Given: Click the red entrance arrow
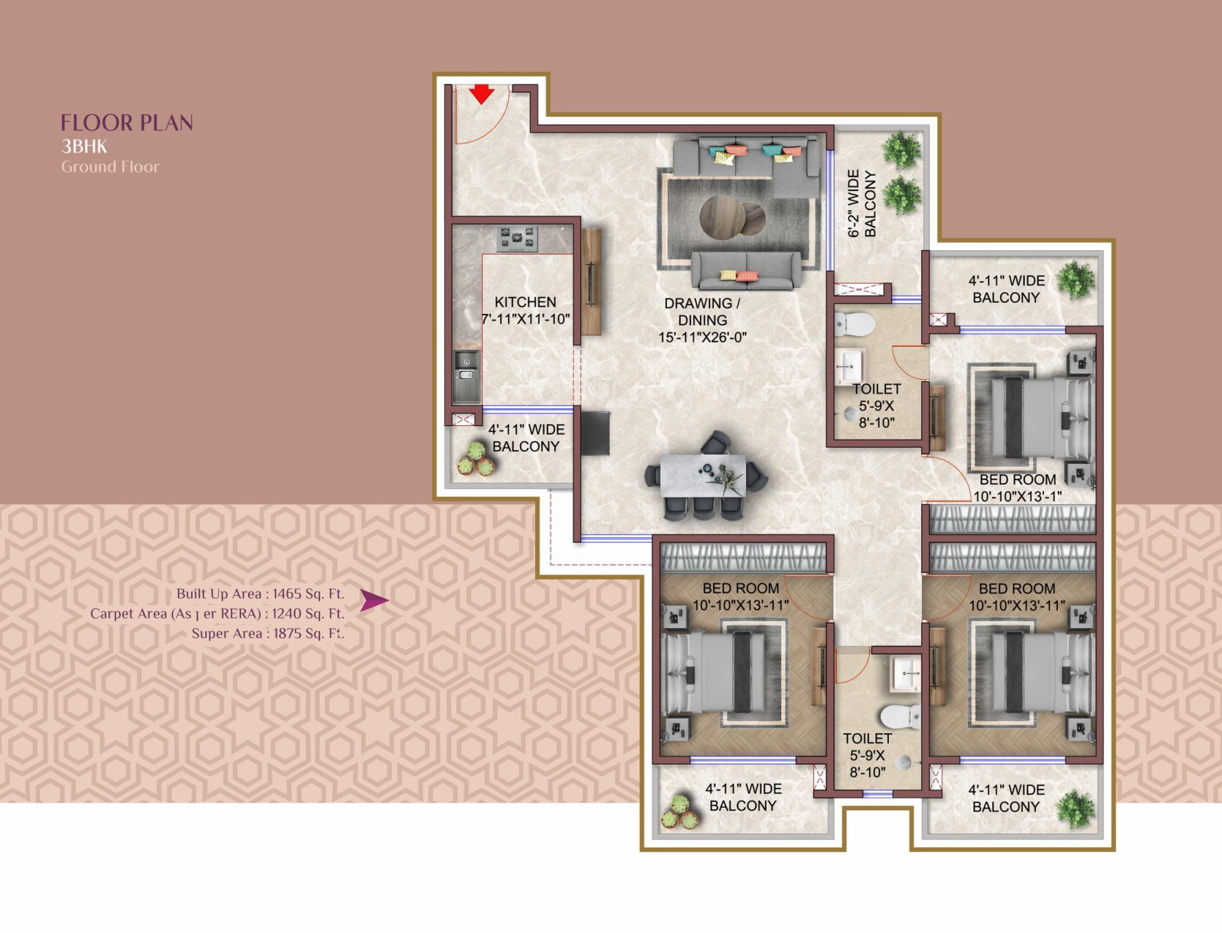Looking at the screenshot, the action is [481, 94].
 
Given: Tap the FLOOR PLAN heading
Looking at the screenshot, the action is [127, 122].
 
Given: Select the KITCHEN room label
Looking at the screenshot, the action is [525, 302].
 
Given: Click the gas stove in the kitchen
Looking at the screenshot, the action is [517, 239].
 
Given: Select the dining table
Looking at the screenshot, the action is [703, 475].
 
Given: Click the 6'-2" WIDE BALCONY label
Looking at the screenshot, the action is [862, 203].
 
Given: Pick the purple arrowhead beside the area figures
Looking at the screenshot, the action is [373, 600].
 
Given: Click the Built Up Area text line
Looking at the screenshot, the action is [260, 593].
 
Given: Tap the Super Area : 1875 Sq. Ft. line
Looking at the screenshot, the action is [268, 634].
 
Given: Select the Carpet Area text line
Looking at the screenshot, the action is [217, 614].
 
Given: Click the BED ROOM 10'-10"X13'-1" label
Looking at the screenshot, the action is [1017, 488].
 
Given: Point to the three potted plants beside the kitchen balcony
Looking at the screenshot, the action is [475, 459].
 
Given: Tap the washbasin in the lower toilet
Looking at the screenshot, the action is [905, 674].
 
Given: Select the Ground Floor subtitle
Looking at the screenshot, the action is [111, 166].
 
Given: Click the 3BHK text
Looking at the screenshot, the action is [84, 146].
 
